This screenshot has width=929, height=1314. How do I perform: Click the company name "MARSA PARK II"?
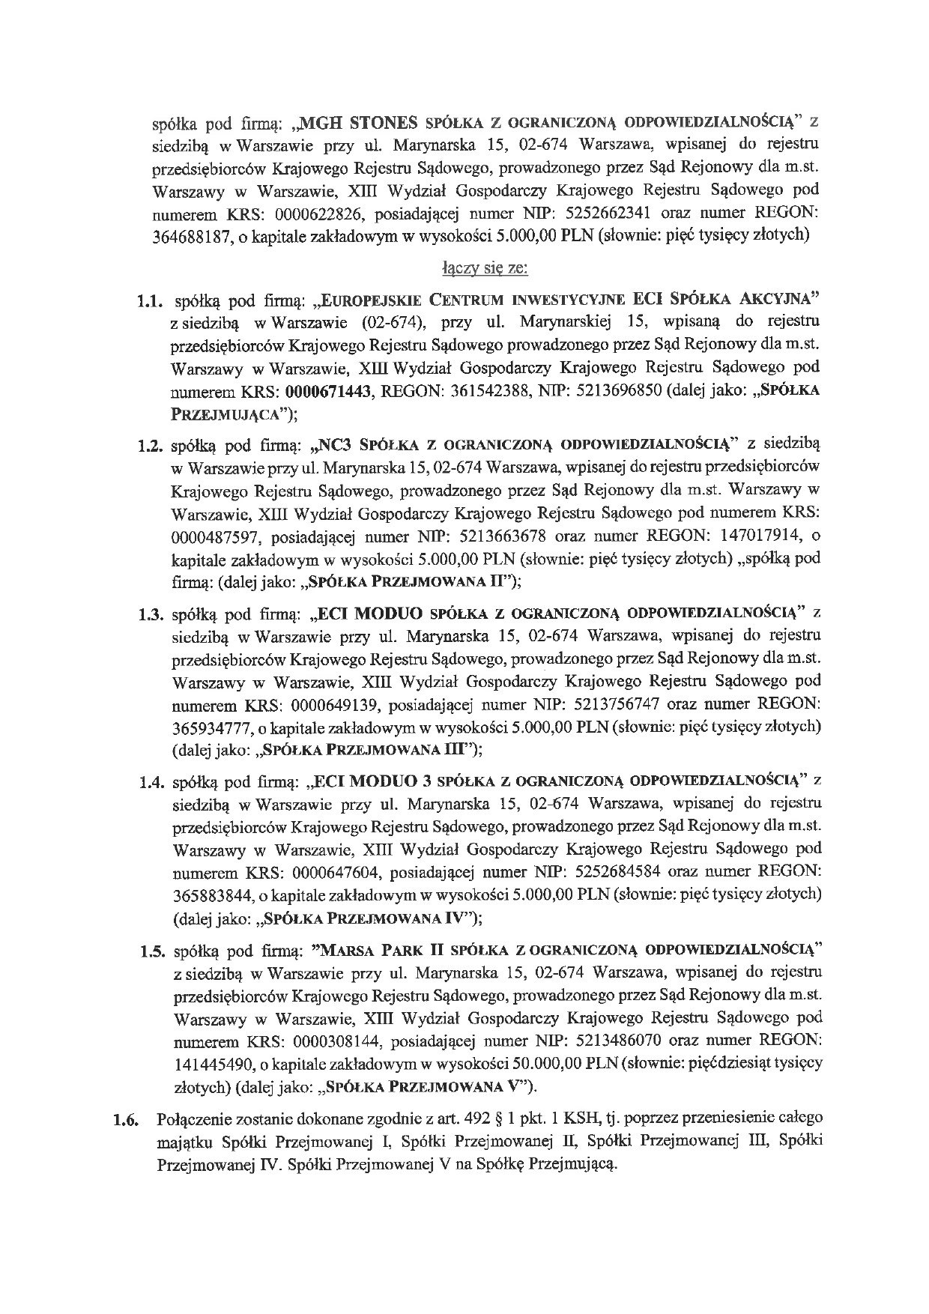384,951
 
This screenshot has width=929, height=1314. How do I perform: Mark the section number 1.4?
152,783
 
